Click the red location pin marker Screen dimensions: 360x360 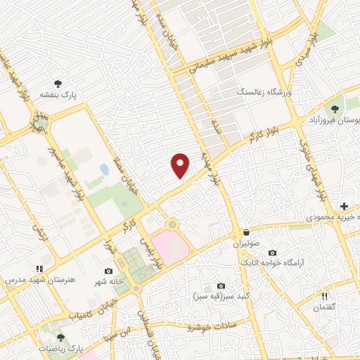tap(181, 164)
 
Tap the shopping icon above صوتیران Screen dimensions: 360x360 tap(246, 232)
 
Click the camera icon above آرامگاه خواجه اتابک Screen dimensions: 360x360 tap(272, 252)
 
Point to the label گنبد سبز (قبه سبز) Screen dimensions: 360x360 tap(221, 297)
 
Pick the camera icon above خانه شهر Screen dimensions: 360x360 tap(108, 271)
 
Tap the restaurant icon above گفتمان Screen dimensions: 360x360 tap(324, 296)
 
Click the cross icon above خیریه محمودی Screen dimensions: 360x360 tap(343, 206)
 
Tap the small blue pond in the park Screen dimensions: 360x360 tap(104, 169)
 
